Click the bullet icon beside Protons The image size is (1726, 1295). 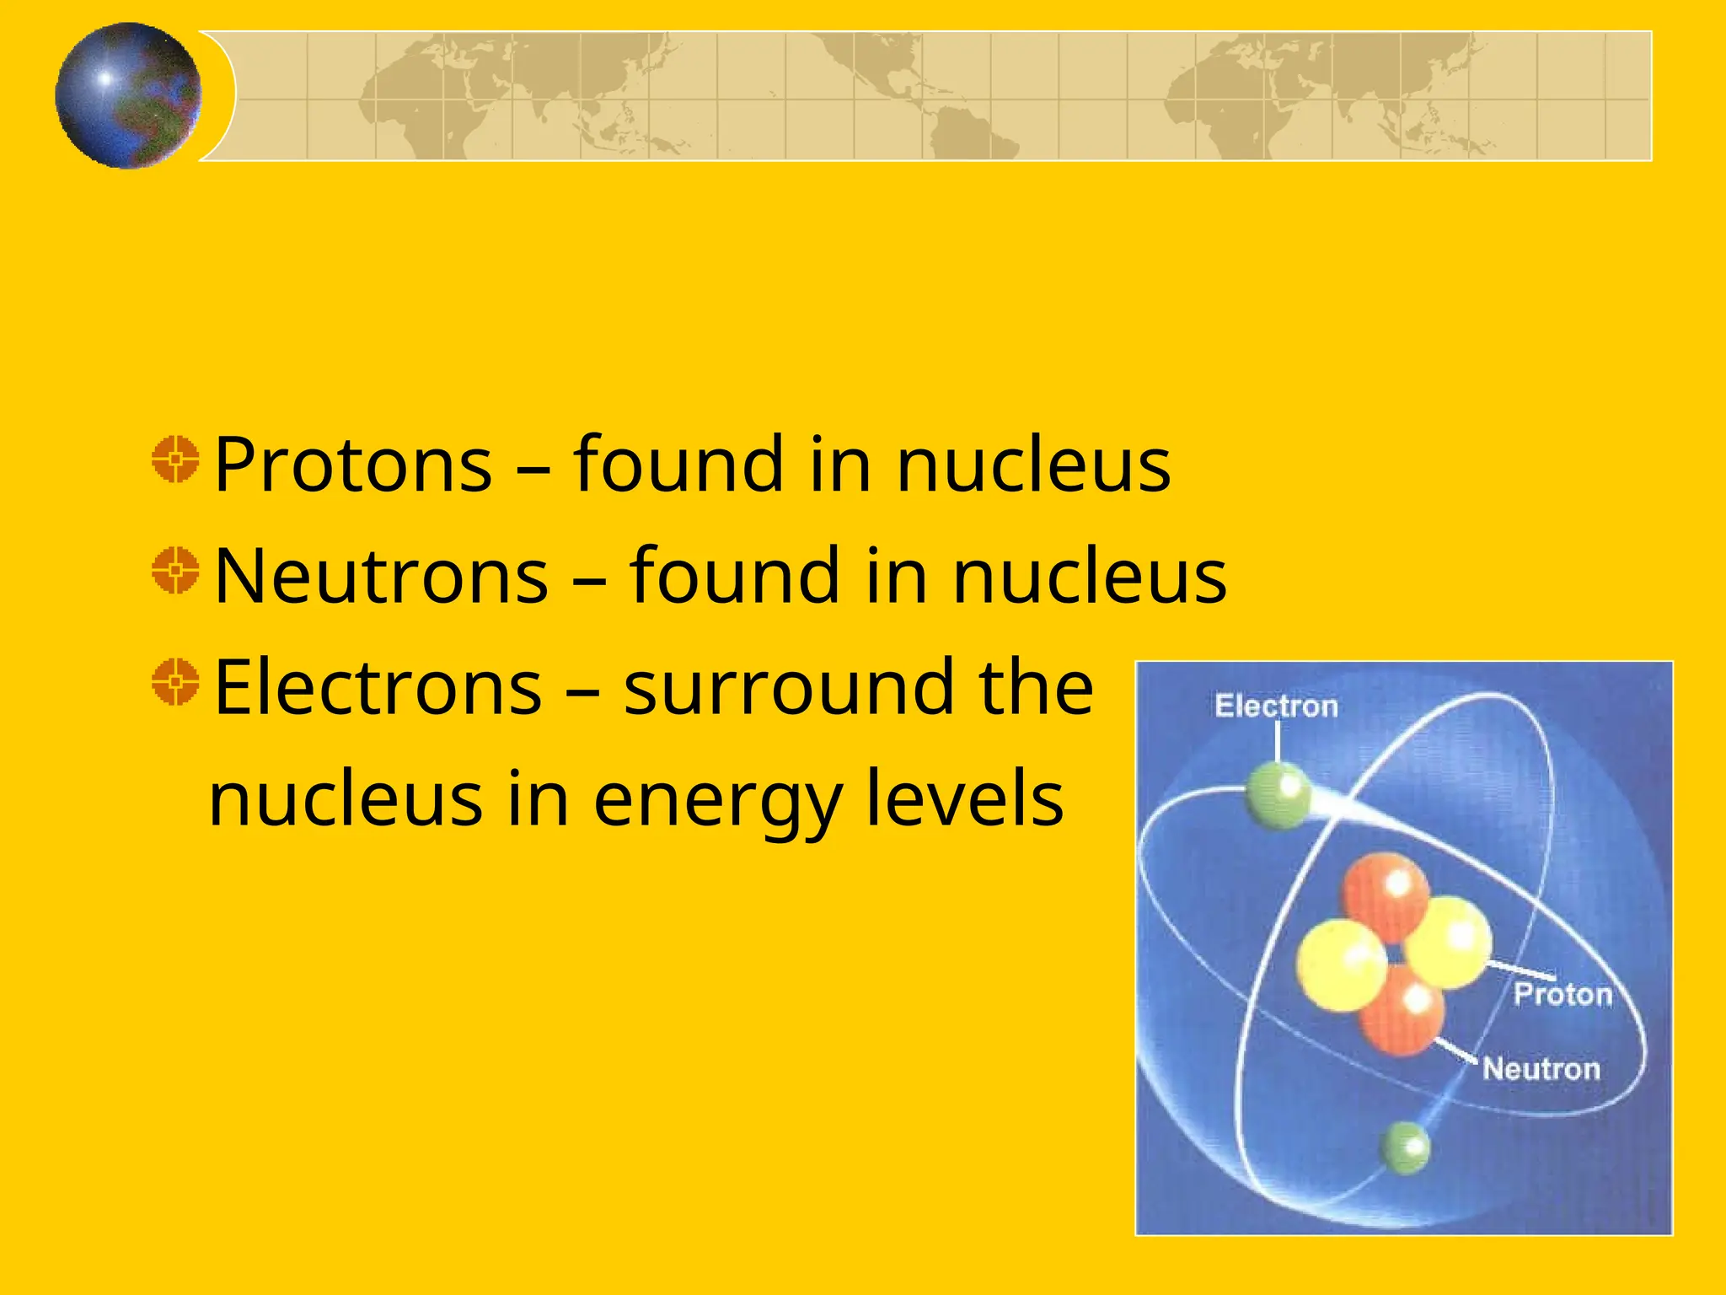[176, 459]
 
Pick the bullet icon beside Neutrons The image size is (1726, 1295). [176, 571]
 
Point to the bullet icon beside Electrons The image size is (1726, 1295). [176, 682]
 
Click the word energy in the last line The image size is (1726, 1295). [718, 801]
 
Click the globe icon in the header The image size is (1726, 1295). [128, 95]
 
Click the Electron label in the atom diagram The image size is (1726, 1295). [1276, 707]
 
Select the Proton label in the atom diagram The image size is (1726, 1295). [1563, 995]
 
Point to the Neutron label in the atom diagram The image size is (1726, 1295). [1541, 1069]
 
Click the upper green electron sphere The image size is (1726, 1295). [1278, 795]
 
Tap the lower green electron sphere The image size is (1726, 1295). [1404, 1147]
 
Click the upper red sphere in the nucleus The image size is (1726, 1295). [1384, 895]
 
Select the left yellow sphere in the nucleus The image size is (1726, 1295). [1341, 965]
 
